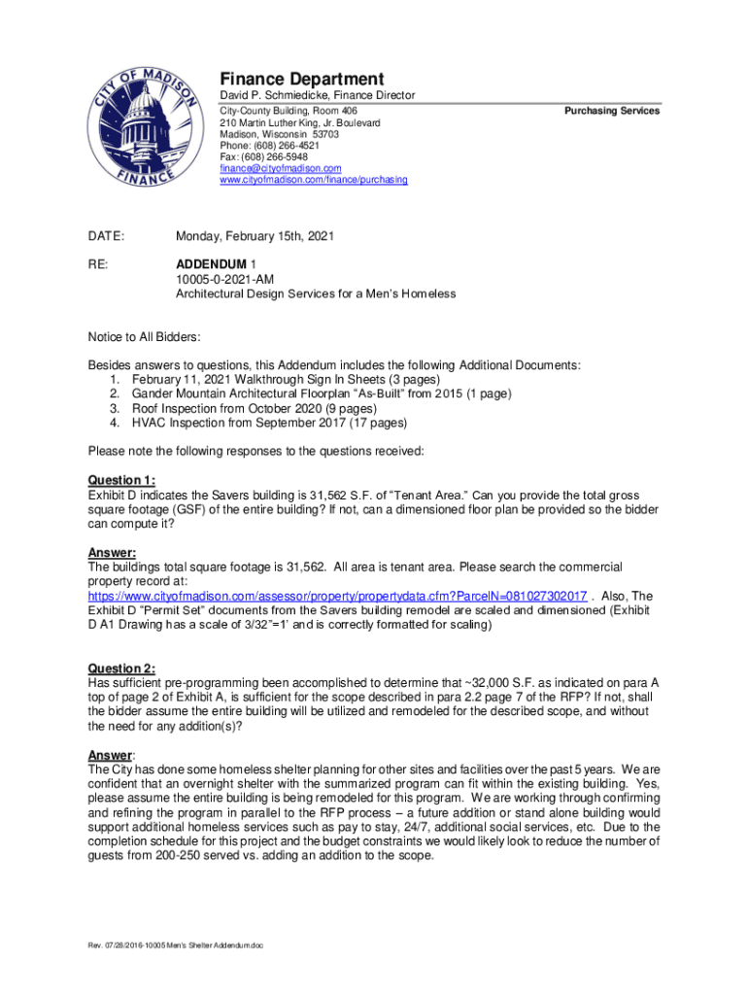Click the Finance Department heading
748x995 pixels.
[x=301, y=79]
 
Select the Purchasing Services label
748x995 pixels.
[x=612, y=111]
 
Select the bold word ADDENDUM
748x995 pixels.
[x=211, y=264]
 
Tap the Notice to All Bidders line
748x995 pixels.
[x=145, y=337]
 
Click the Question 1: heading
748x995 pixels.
[x=121, y=480]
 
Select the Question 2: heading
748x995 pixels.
[x=121, y=669]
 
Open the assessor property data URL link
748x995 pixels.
[x=337, y=596]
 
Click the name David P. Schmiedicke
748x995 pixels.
[x=275, y=95]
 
